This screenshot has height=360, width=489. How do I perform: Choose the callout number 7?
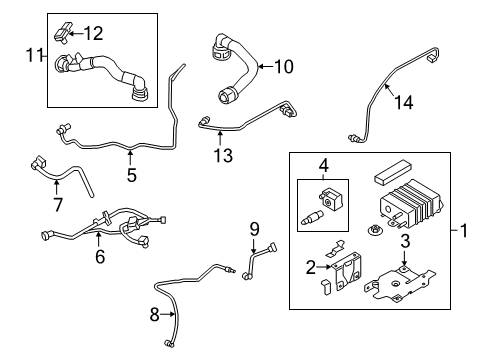(x=57, y=205)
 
